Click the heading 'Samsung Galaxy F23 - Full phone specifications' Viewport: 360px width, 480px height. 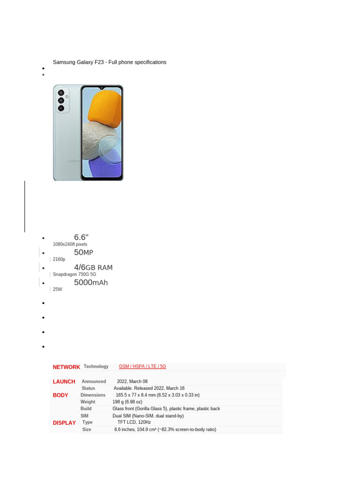tap(109, 62)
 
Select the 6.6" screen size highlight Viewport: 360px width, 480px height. tap(81, 237)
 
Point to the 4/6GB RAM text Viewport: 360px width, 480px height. tap(93, 268)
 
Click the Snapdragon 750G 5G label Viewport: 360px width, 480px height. tap(75, 274)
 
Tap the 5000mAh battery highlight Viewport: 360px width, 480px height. tap(91, 283)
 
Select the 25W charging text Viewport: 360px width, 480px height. tap(58, 290)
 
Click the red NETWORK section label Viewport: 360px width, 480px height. tap(66, 367)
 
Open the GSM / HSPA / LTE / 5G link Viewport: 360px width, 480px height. tap(142, 367)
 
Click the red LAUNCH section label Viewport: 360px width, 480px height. tap(64, 382)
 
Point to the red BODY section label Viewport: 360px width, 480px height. tap(61, 395)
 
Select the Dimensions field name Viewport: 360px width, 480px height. tap(93, 395)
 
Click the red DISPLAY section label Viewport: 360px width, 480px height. tap(64, 423)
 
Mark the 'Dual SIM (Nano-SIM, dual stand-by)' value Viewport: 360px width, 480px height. tap(148, 416)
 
